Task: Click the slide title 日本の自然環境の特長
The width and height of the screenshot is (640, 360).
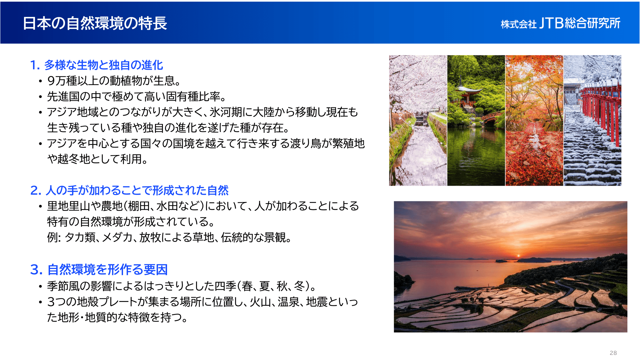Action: [x=95, y=23]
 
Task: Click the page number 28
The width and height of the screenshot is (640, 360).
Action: [x=613, y=353]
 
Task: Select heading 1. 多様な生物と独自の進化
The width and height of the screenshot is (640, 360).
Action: [x=97, y=65]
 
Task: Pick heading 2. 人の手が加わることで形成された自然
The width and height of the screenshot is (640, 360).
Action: [x=129, y=190]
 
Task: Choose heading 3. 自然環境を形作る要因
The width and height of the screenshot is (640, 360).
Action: [x=99, y=270]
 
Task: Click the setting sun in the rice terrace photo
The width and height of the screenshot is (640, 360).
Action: [x=518, y=256]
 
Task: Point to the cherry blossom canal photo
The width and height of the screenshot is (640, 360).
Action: [x=418, y=120]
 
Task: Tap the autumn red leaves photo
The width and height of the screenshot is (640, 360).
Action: [x=534, y=120]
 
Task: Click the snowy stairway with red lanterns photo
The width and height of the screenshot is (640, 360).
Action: [x=592, y=120]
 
